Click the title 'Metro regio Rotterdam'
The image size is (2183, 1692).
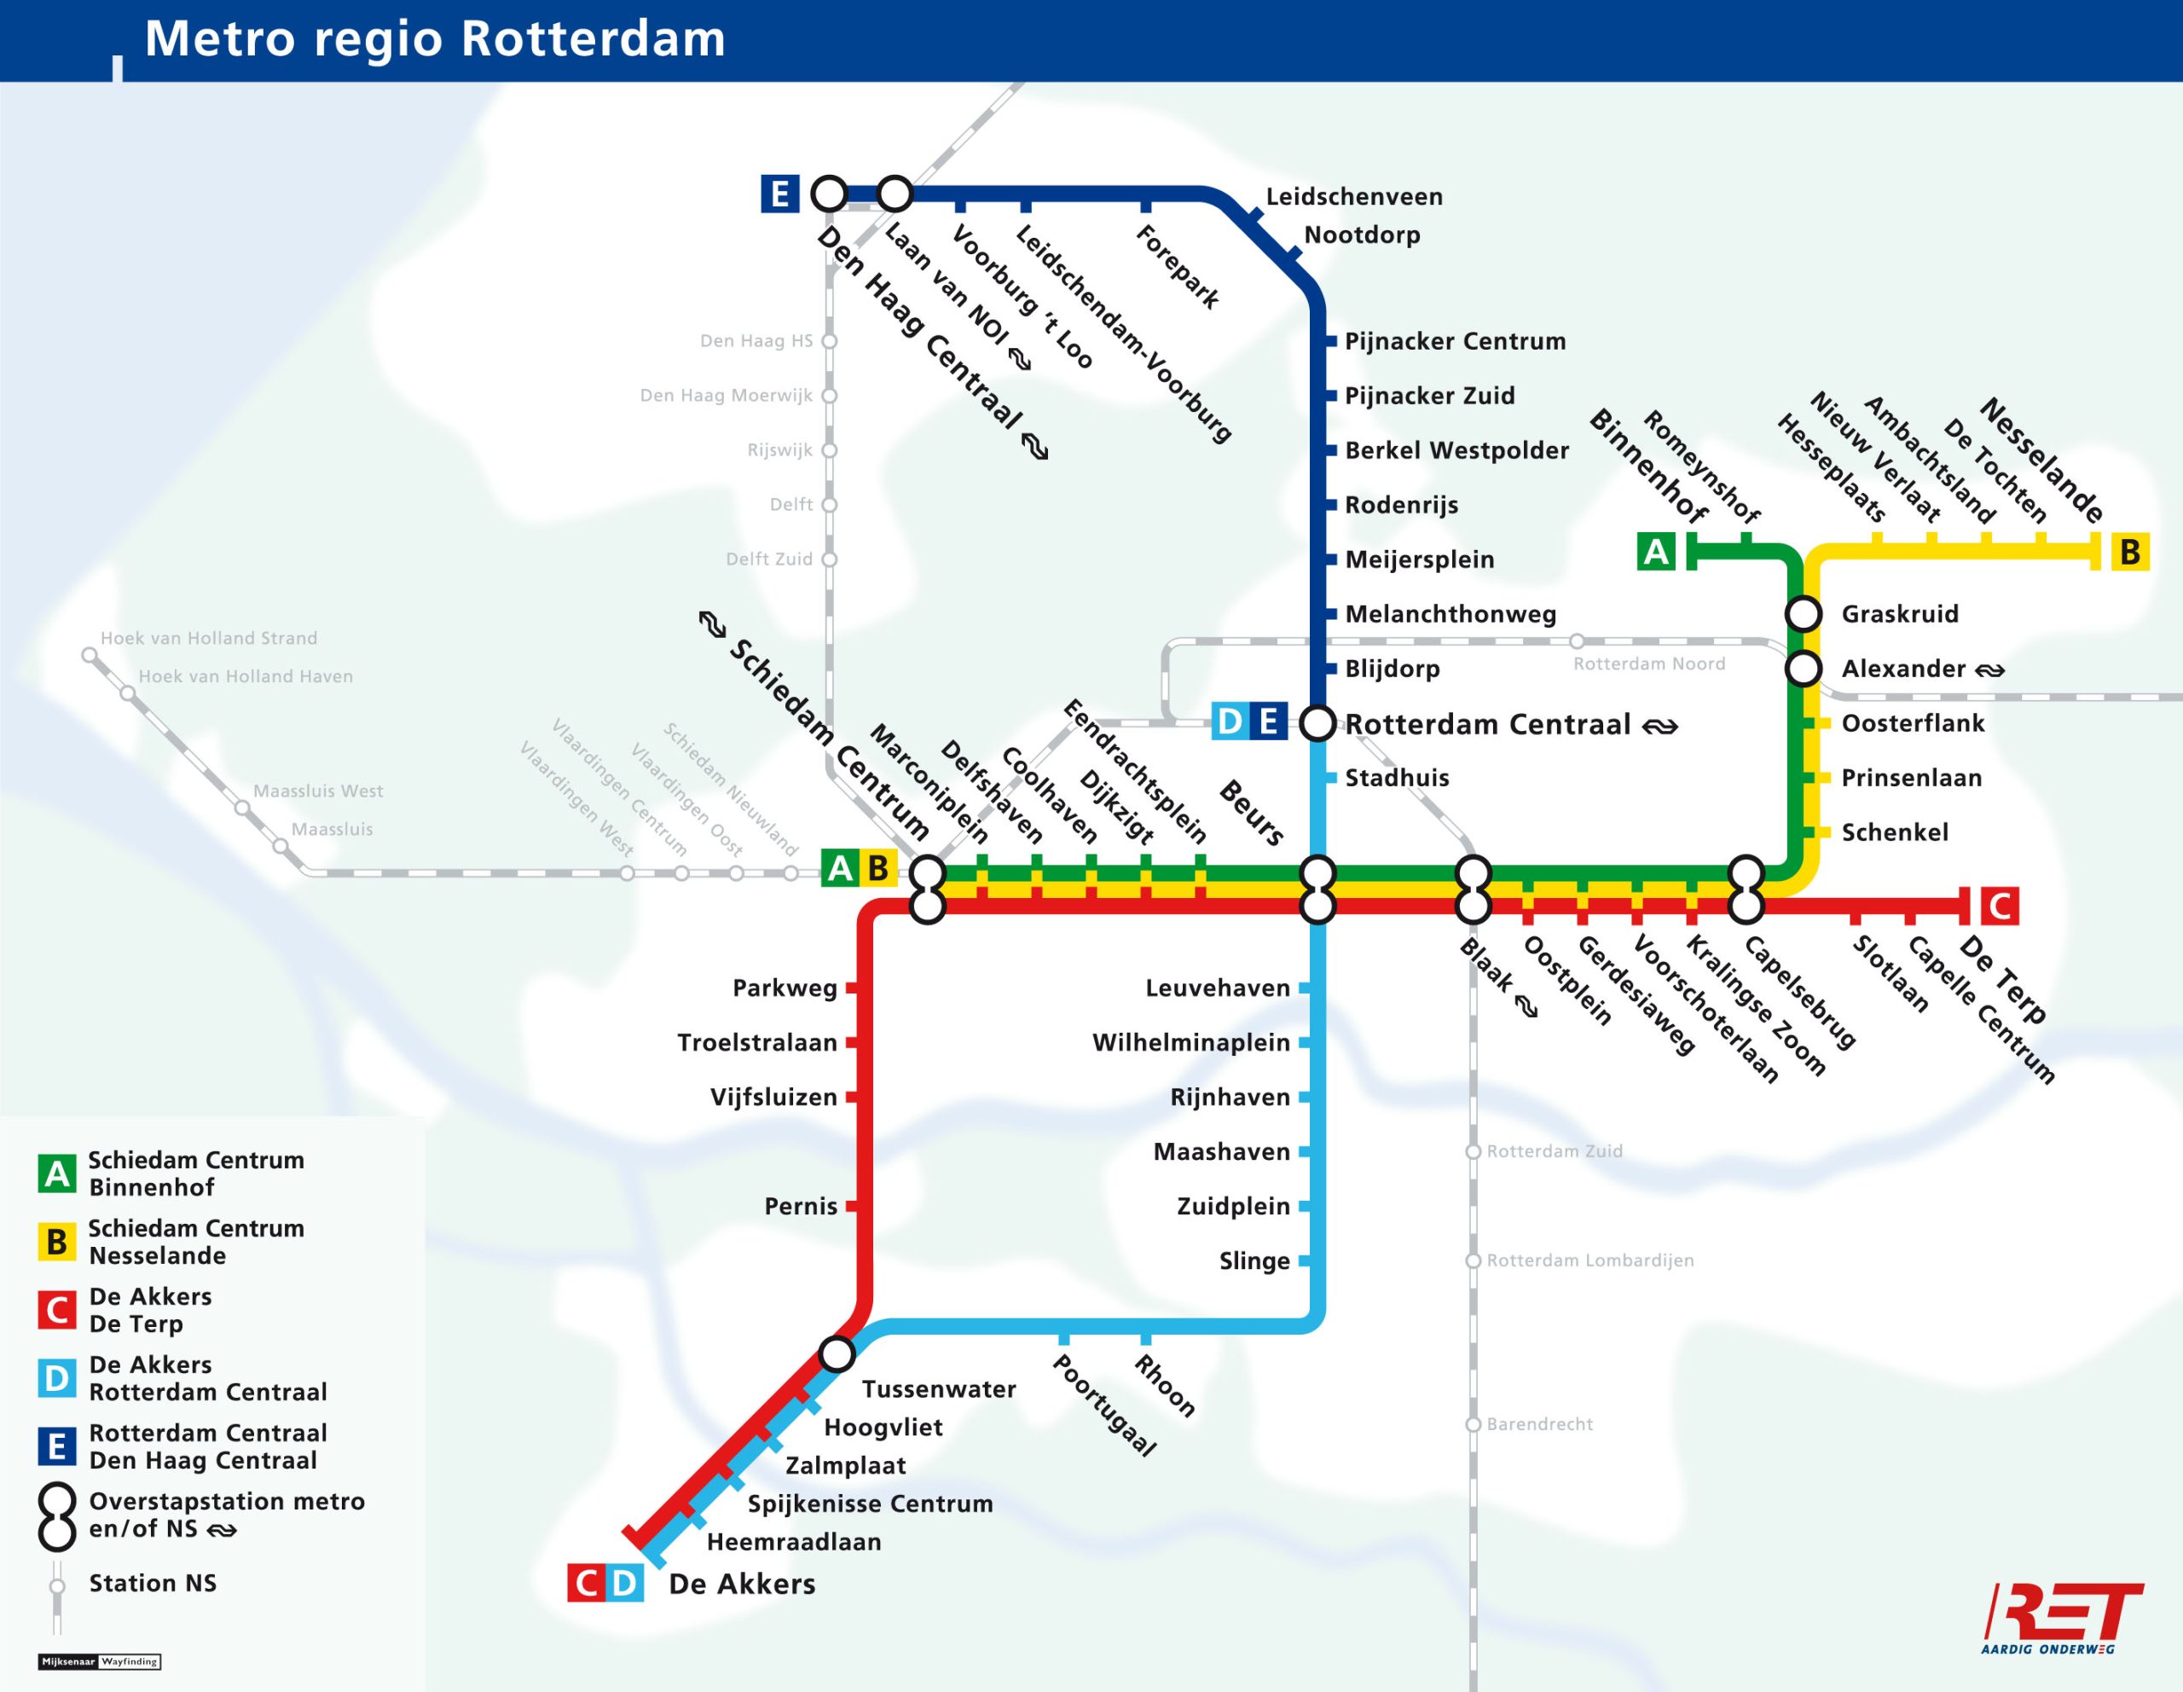[x=435, y=40]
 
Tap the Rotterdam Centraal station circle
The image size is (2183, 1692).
[x=1318, y=723]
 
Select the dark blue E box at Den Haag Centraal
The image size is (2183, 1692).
[x=779, y=193]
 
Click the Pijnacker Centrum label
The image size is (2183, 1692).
[x=1454, y=341]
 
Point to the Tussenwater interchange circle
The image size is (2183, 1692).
[x=837, y=1354]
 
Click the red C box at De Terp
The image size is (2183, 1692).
[x=2000, y=907]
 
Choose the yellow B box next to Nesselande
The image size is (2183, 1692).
[x=2129, y=552]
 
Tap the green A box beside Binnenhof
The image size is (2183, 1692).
[x=1656, y=552]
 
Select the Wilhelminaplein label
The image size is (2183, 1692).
[x=1190, y=1042]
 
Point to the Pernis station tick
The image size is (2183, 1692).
[x=852, y=1206]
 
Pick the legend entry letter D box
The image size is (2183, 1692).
[x=57, y=1378]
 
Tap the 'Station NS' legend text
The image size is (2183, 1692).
[x=152, y=1583]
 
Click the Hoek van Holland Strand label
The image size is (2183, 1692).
[x=208, y=638]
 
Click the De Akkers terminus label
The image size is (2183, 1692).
[x=742, y=1584]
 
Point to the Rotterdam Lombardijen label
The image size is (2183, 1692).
[x=1589, y=1260]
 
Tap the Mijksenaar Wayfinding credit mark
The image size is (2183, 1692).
[x=99, y=1661]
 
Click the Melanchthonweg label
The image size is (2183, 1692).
[x=1450, y=614]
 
